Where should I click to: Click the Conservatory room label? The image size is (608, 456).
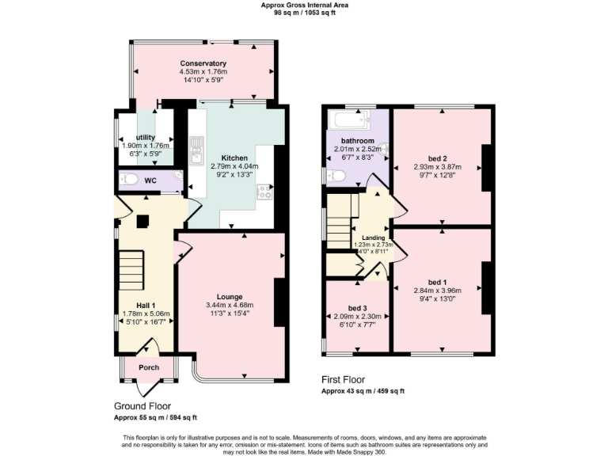pyautogui.click(x=203, y=63)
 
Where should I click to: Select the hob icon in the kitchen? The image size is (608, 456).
pyautogui.click(x=264, y=191)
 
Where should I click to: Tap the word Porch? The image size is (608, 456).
pyautogui.click(x=149, y=367)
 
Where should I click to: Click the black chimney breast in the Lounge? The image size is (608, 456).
pyautogui.click(x=279, y=302)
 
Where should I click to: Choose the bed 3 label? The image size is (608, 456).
pyautogui.click(x=358, y=308)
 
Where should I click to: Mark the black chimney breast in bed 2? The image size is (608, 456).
pyautogui.click(x=487, y=168)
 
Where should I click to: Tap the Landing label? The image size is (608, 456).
pyautogui.click(x=374, y=237)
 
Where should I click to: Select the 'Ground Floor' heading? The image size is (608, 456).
pyautogui.click(x=142, y=405)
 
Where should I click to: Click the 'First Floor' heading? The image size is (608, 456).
pyautogui.click(x=344, y=380)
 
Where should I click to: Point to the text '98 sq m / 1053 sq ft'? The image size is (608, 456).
pyautogui.click(x=304, y=13)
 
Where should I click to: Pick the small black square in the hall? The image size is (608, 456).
pyautogui.click(x=142, y=222)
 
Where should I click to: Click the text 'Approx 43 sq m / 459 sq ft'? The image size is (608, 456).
pyautogui.click(x=363, y=391)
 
